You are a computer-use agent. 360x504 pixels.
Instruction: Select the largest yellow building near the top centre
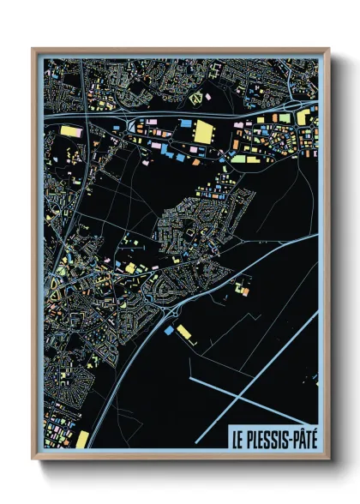point(204,132)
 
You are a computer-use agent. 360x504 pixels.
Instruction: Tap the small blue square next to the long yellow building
point(171,327)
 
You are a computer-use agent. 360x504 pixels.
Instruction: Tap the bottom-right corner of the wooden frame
point(328,459)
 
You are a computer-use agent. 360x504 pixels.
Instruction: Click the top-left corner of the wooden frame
point(33,49)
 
